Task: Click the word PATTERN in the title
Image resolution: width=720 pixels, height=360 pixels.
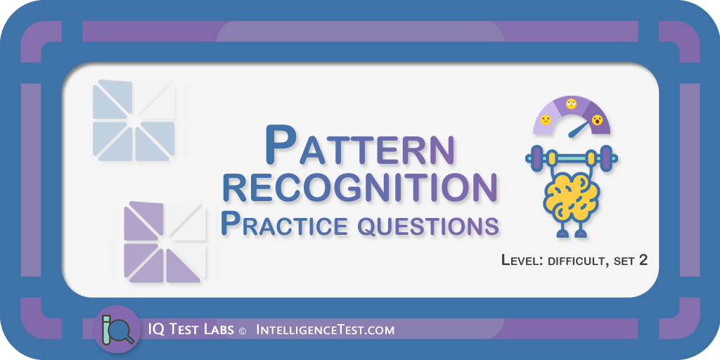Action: tap(360, 146)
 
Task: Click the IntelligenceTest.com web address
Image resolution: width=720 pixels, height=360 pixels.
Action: tap(325, 330)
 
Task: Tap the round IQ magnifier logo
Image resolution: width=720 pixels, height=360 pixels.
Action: tap(117, 329)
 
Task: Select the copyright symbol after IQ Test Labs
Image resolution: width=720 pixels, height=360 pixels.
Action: tap(243, 330)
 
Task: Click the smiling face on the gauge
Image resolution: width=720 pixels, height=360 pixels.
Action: tap(546, 120)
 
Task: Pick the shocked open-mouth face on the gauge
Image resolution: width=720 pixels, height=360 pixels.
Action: tap(597, 120)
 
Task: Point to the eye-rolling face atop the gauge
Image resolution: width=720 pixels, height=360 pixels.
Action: tap(571, 104)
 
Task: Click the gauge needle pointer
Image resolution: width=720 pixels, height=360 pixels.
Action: tap(579, 129)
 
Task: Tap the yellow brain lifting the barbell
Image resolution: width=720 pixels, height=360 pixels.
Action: tap(572, 198)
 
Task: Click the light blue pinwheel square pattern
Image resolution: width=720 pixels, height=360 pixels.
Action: tap(134, 120)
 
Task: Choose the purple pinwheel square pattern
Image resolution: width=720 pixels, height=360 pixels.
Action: tap(165, 242)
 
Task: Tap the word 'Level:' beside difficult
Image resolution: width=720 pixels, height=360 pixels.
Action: tap(522, 260)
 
